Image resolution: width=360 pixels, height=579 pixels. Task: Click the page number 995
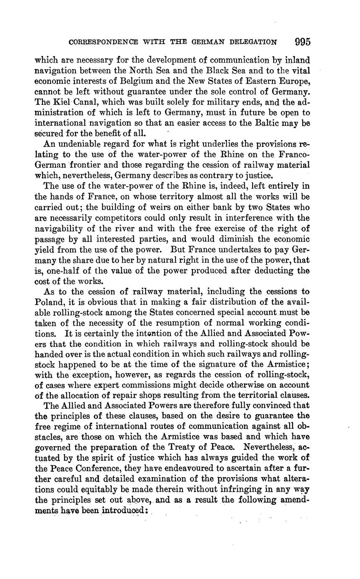302,42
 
